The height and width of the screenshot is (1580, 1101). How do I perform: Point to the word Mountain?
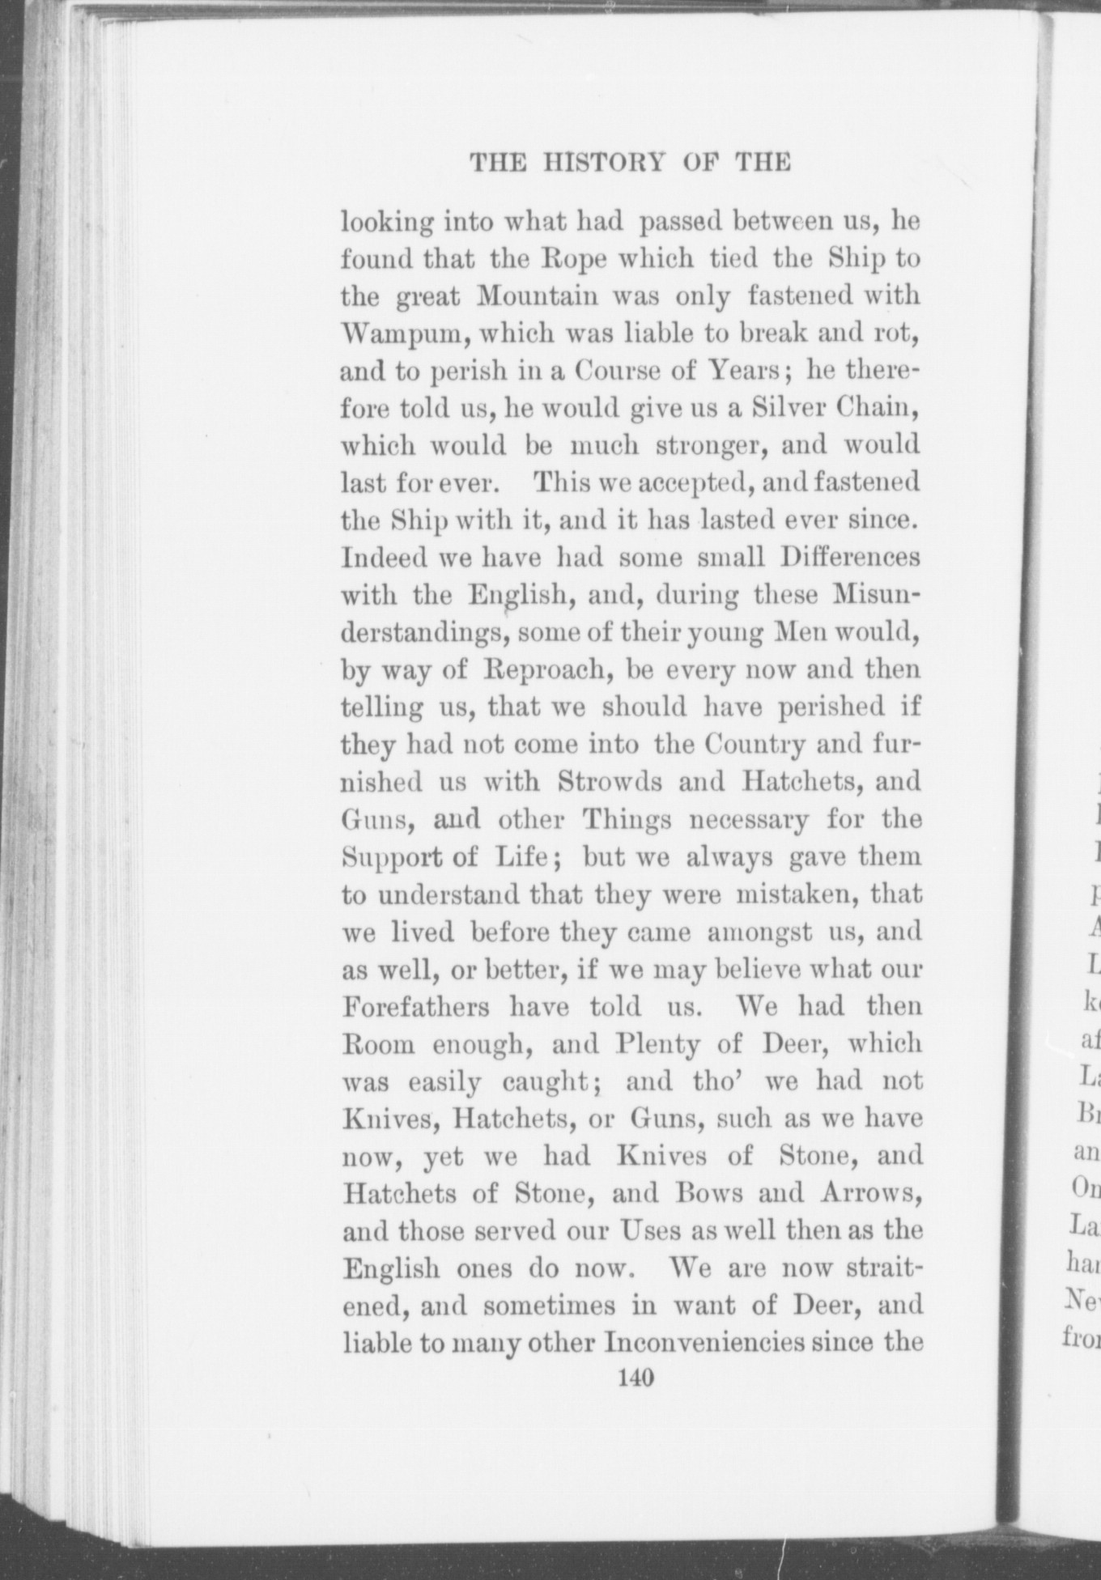click(537, 296)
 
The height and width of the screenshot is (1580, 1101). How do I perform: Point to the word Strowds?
click(610, 782)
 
